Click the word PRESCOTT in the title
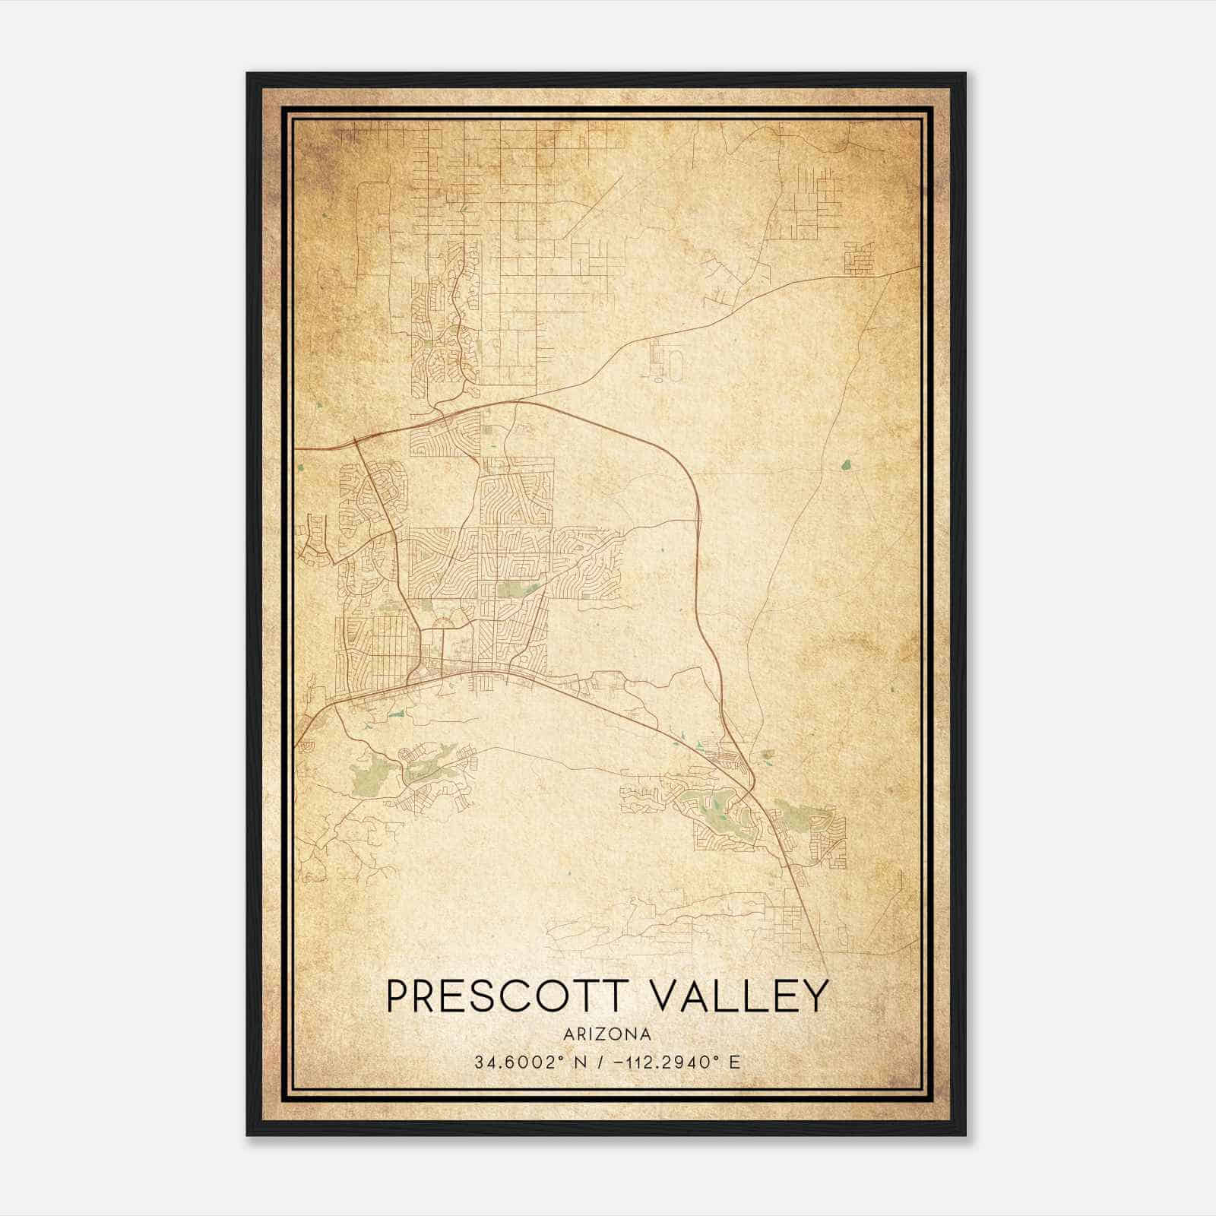[x=502, y=996]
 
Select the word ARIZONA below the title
[x=607, y=1034]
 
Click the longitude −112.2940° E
[x=668, y=1062]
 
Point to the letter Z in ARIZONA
[x=605, y=1034]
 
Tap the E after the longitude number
[x=734, y=1062]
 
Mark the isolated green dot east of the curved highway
[x=845, y=463]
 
